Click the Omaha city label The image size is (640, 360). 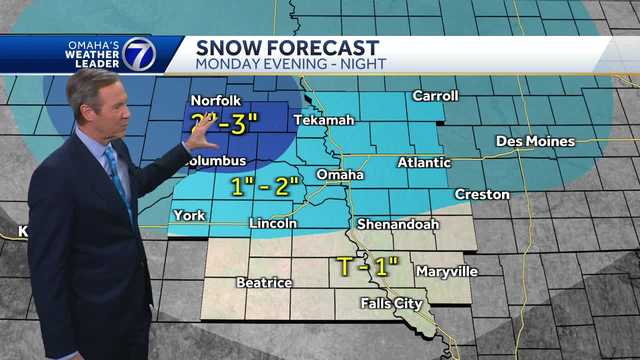point(339,175)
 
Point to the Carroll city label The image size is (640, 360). point(436,96)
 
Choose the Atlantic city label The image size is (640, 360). point(424,162)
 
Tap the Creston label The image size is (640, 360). point(481,194)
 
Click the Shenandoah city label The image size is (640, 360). point(397,224)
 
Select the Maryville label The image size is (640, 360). point(446,271)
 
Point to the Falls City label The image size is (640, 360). point(391,303)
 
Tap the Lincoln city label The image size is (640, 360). point(272,223)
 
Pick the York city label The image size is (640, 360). point(188,215)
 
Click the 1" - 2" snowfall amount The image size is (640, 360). point(265,186)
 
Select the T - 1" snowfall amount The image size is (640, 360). point(367,266)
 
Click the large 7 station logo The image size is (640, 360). point(139,54)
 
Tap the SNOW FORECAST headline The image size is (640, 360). point(287,47)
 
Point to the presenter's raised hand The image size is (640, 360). point(200,131)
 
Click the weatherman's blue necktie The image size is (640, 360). point(118,177)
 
